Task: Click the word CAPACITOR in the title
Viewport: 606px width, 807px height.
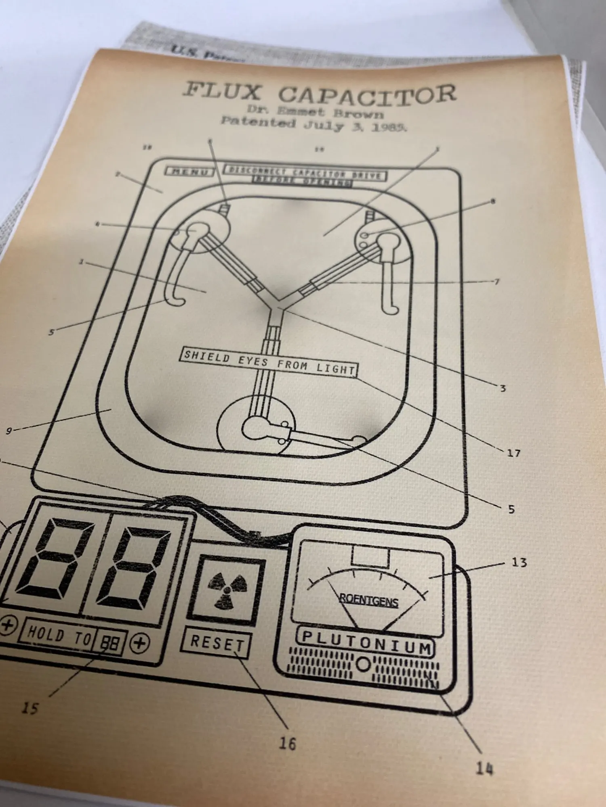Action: tap(367, 94)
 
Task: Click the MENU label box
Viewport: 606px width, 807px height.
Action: tap(189, 171)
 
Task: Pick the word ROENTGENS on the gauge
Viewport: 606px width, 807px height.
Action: tap(369, 601)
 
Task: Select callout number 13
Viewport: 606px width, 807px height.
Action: tap(519, 562)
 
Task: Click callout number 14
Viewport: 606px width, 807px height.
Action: tap(484, 769)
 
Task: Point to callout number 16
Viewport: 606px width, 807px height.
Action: tap(287, 743)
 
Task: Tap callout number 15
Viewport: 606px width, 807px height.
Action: tap(30, 708)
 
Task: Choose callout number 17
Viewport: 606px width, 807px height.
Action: tap(513, 453)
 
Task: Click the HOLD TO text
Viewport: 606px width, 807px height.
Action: tap(59, 635)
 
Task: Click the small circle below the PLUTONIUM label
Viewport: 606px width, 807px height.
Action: tap(363, 664)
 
